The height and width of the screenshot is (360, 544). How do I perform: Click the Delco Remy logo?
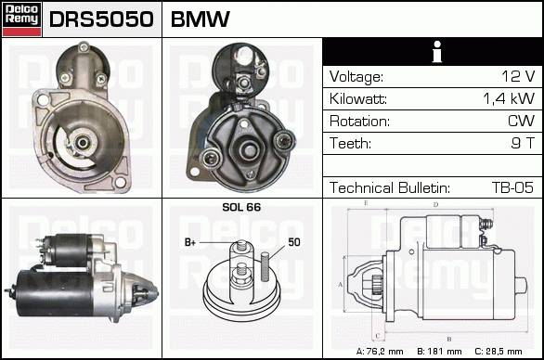point(21,19)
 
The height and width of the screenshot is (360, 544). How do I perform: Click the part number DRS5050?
point(101,19)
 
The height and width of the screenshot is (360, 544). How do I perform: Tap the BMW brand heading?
point(201,19)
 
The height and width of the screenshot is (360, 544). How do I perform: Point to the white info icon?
point(437,52)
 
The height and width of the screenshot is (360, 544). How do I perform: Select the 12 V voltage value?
point(518,76)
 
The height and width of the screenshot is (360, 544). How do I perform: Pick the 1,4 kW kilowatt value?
point(509,98)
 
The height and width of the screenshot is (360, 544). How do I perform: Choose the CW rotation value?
point(521,121)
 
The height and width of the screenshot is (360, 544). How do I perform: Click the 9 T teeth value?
point(523,143)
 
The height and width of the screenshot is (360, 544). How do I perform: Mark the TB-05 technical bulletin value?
point(512,187)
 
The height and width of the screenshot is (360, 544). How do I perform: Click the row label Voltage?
point(356,77)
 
